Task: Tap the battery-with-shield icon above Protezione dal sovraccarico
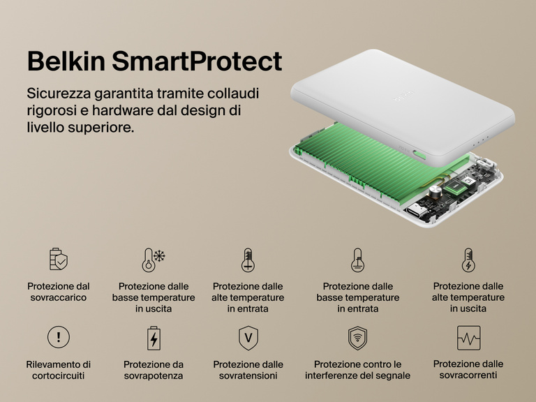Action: point(59,260)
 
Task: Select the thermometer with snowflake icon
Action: point(153,260)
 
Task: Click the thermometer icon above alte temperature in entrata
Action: point(247,260)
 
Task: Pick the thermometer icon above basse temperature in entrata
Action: point(357,260)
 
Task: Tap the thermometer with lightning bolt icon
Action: point(468,260)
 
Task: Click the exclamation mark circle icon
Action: point(59,338)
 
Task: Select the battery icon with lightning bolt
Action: point(153,338)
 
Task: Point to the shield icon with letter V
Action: point(247,338)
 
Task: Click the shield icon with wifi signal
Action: point(357,338)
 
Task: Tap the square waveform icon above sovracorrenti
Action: point(468,338)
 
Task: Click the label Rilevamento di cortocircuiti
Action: point(59,370)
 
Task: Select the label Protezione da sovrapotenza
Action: point(153,370)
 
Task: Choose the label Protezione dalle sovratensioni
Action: point(248,370)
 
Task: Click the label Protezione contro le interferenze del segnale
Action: point(357,370)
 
